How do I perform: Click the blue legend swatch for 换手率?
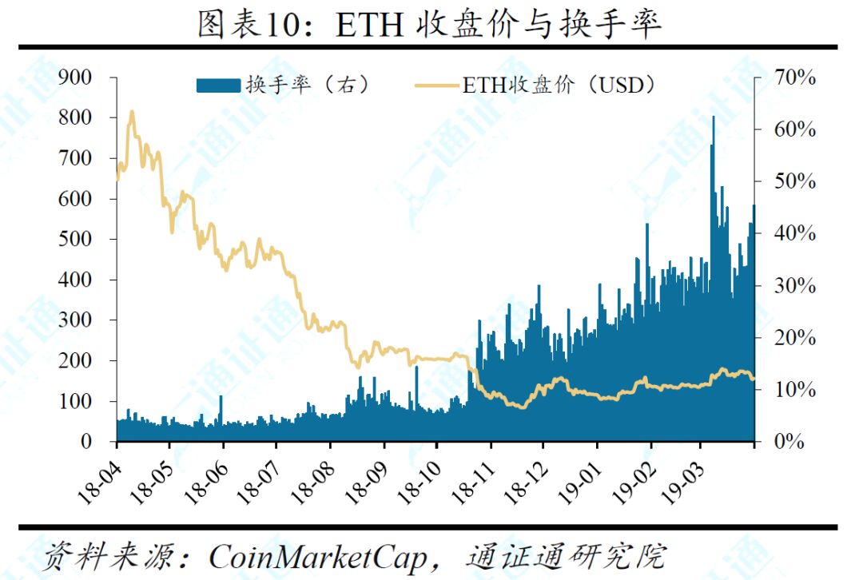218,85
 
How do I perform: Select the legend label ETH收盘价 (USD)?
559,85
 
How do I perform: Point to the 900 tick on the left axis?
75,77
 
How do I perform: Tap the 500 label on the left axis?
75,239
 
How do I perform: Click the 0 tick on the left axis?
86,441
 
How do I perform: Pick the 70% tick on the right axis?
795,77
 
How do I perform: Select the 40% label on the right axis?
795,233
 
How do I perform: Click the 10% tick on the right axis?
795,390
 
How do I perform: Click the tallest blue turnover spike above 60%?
714,117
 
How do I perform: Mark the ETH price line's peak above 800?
132,113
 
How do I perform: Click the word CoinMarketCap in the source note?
317,557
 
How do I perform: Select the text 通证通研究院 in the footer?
567,556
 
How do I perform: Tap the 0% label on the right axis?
789,441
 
